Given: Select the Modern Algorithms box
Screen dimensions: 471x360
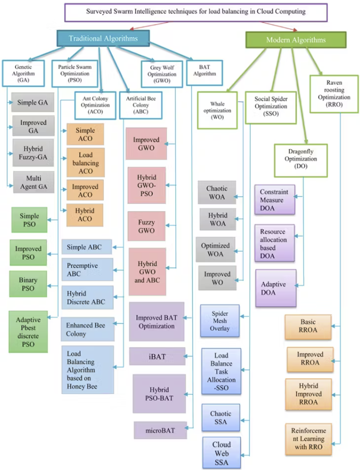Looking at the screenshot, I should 296,40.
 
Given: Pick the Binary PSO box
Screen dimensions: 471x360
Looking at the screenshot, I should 29,284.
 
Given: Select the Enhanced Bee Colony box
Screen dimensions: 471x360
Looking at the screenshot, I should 87,330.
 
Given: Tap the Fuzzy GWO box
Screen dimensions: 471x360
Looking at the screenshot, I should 147,226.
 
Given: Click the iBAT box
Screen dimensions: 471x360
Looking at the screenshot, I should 157,357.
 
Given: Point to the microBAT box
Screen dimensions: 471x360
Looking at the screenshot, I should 160,430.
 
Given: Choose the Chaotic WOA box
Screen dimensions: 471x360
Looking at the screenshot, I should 216,193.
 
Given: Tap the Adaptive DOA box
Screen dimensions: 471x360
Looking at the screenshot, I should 274,288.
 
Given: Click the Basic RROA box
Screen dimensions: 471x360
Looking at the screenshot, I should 308,326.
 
